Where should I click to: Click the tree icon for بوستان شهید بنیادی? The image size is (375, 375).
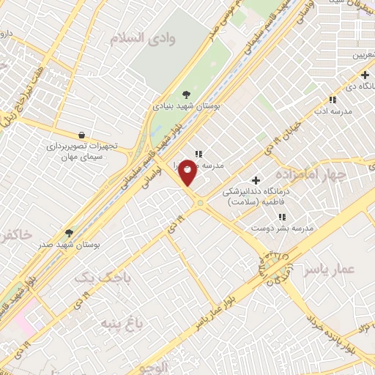(187, 94)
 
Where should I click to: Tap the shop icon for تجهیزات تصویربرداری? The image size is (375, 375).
(81, 135)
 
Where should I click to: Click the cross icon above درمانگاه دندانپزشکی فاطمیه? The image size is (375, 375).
(256, 180)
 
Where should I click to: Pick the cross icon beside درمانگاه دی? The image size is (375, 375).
(364, 75)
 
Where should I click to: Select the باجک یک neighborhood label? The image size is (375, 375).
(106, 277)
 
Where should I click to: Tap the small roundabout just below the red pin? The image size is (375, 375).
(199, 202)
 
